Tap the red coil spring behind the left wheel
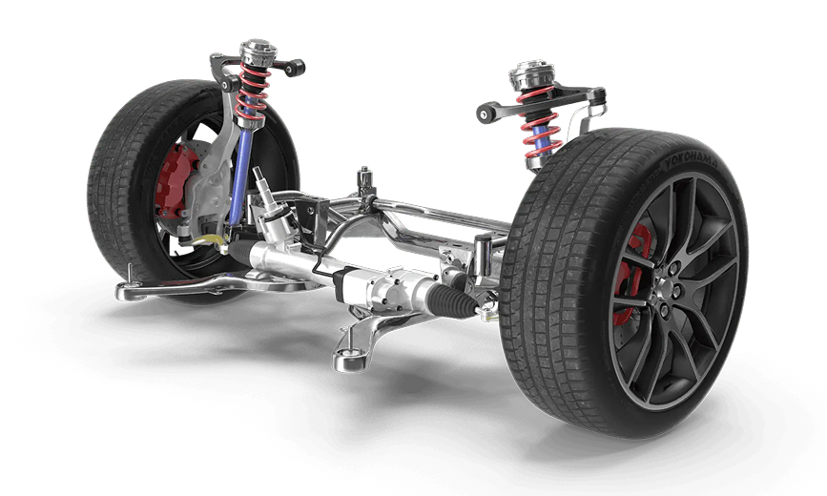tap(253, 92)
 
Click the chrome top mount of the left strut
tap(258, 52)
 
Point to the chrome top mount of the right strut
tap(531, 75)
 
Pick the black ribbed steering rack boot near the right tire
tap(452, 300)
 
